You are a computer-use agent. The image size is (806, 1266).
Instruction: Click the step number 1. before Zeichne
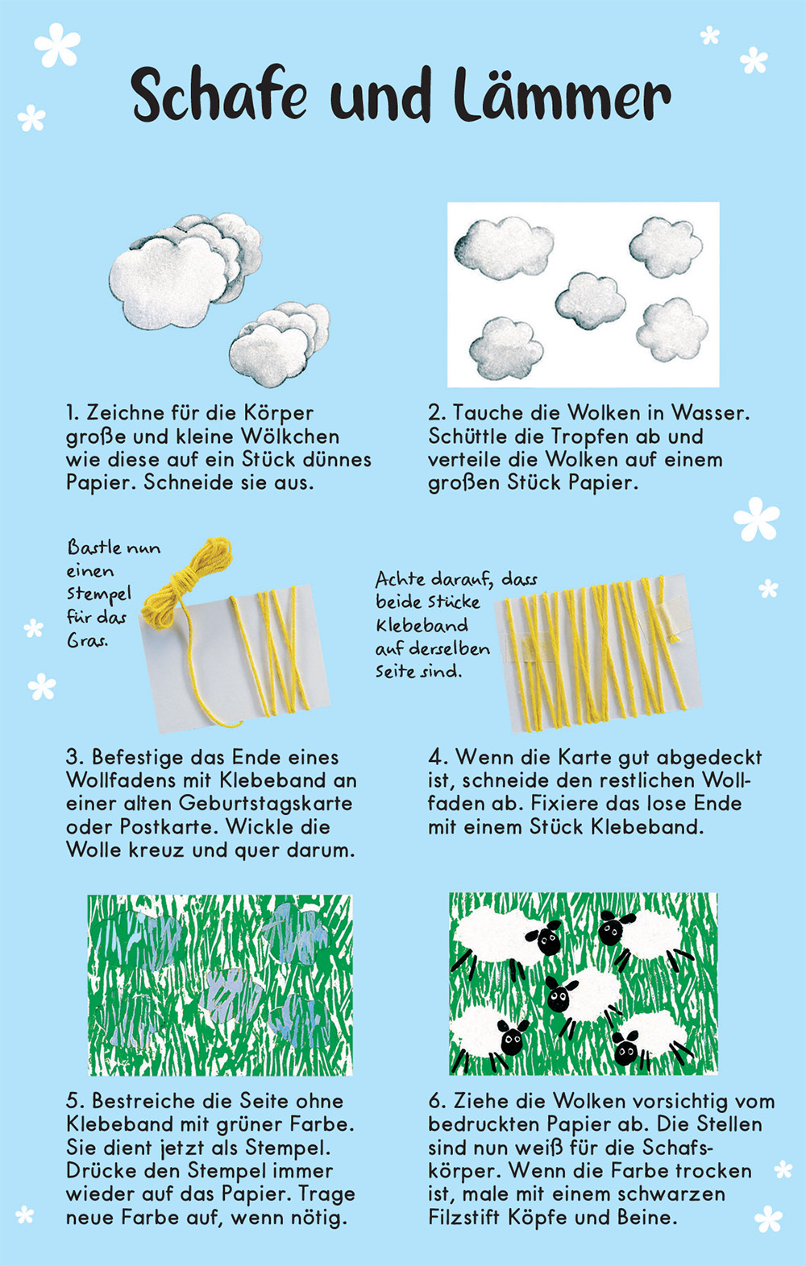point(73,413)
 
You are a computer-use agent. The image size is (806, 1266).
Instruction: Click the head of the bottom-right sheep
point(625,1048)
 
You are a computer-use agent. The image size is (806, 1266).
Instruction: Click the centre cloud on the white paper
point(591,300)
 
